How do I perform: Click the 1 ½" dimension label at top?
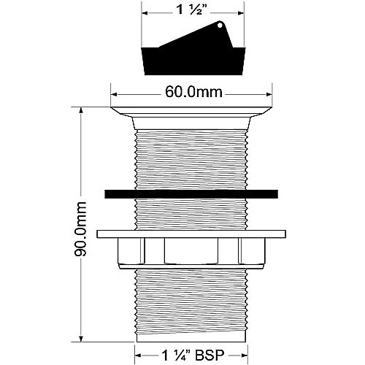click(192, 10)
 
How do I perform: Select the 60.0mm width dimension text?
click(193, 92)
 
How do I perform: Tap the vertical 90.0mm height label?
click(80, 228)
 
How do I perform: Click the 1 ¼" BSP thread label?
click(193, 356)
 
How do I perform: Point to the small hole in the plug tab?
click(220, 25)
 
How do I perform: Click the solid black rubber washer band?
click(191, 194)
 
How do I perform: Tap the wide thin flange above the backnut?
click(191, 234)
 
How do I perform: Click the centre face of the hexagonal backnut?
click(191, 250)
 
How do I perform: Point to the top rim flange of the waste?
click(191, 112)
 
